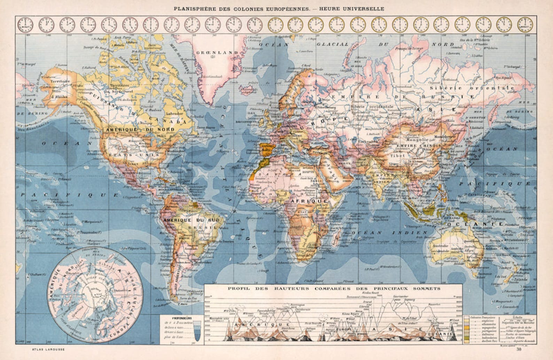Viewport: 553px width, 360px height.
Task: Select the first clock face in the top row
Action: click(x=25, y=25)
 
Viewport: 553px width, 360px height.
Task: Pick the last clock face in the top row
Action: click(x=525, y=25)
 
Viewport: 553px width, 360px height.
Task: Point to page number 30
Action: click(x=519, y=349)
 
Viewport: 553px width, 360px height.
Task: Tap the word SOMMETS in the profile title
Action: click(x=427, y=289)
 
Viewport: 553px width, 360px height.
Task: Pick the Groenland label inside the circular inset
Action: click(x=79, y=308)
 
